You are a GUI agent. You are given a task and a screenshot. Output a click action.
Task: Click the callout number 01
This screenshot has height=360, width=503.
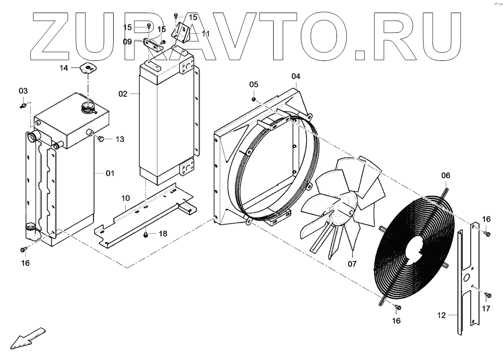[x=110, y=173]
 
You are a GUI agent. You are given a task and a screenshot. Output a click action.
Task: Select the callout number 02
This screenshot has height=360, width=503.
[x=123, y=94]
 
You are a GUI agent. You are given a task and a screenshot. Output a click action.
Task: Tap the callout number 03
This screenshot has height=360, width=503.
[x=24, y=91]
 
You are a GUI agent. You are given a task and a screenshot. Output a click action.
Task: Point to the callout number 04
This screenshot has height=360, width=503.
[x=296, y=76]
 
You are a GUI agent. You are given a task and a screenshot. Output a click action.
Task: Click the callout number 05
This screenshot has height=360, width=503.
[x=254, y=84]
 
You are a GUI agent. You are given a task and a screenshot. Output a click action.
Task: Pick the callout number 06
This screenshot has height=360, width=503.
[x=446, y=176]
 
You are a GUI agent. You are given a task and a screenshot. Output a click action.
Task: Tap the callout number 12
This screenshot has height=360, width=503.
[x=442, y=316]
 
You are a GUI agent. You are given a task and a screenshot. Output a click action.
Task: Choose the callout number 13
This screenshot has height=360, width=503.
[x=119, y=139]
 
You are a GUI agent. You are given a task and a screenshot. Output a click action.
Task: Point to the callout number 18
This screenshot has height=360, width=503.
[x=163, y=233]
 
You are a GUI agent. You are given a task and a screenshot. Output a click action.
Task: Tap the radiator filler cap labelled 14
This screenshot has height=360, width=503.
[x=89, y=68]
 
